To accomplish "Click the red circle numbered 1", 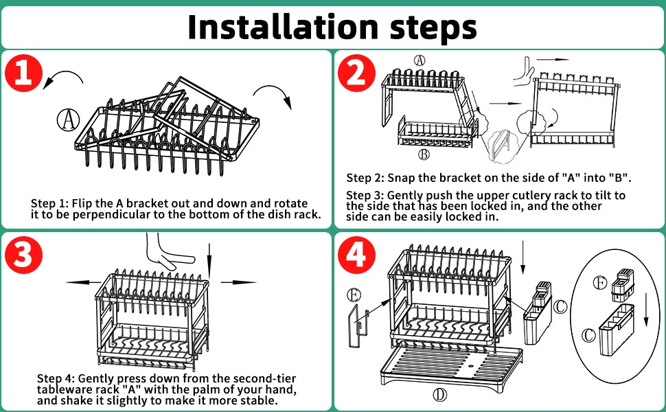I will [24, 73].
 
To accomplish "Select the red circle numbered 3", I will [24, 255].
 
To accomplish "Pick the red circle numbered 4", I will [356, 255].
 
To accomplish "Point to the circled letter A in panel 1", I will [67, 120].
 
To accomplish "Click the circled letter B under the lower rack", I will [424, 153].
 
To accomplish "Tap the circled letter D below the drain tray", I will [440, 394].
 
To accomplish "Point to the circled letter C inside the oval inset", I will [588, 336].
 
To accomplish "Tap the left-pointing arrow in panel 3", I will [79, 282].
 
